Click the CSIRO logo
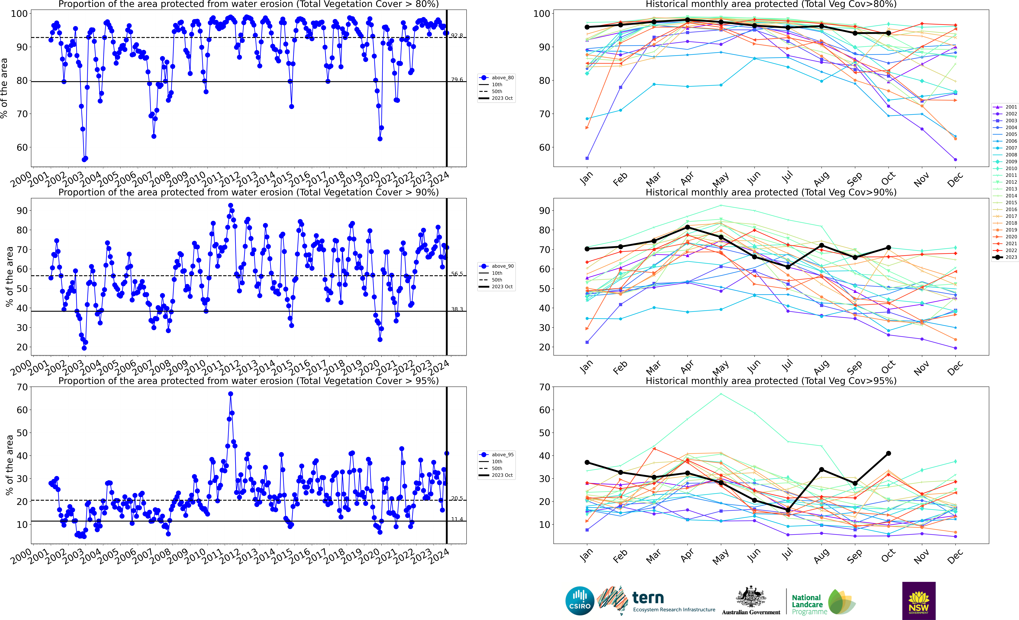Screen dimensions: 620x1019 pos(580,601)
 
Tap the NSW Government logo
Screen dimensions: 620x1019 pos(919,601)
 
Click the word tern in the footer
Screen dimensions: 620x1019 pos(648,598)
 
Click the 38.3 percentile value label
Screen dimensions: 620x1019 pos(457,309)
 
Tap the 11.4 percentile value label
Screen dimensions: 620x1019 pos(457,519)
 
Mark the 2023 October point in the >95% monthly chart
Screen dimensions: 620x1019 pos(888,453)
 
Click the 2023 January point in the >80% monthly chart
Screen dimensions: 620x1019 pos(587,27)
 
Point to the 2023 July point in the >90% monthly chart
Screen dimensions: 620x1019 pos(788,267)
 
